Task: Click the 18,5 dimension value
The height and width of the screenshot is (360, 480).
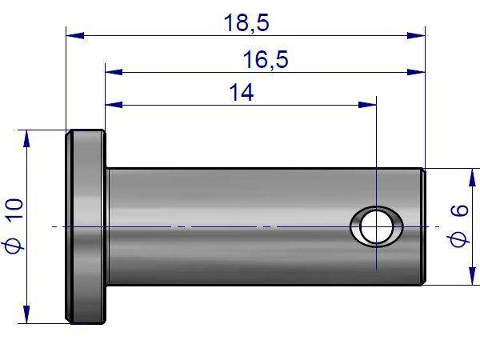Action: tap(246, 23)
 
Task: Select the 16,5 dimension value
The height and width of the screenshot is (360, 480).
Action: tap(266, 60)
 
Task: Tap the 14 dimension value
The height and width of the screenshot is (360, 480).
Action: tap(242, 93)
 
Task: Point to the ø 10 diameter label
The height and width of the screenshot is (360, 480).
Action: tap(14, 226)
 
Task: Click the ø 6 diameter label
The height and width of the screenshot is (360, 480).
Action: tap(459, 225)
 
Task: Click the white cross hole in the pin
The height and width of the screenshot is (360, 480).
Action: tap(377, 227)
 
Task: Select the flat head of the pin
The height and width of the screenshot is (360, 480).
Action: tap(86, 226)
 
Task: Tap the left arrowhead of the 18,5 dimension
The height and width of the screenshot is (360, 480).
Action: tap(75, 35)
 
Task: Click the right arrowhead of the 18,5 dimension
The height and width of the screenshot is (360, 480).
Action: tap(416, 35)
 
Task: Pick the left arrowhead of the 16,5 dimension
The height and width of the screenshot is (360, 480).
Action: tap(114, 72)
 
